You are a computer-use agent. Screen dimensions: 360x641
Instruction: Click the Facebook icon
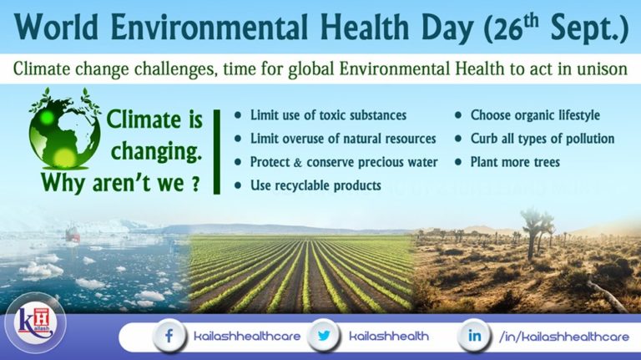pos(169,336)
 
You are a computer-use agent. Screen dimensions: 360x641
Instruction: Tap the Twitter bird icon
pos(323,336)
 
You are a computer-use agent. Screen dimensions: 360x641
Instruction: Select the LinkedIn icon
pos(475,336)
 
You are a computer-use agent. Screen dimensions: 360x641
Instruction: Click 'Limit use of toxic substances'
pos(328,114)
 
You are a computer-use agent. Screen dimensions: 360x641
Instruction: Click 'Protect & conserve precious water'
pos(343,161)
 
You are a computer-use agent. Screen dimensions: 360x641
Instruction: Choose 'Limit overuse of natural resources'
pos(343,138)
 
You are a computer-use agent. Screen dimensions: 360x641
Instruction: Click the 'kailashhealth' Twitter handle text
pos(389,336)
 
